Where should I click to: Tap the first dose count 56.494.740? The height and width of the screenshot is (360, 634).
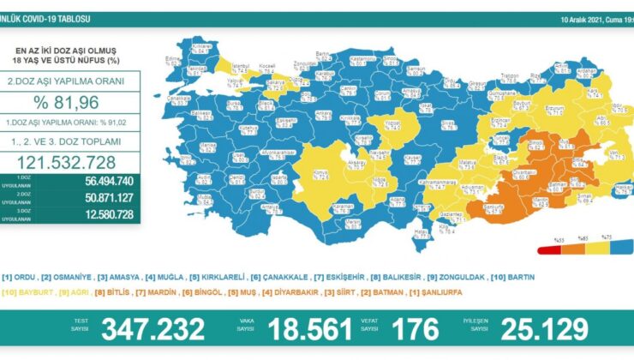pyautogui.click(x=103, y=181)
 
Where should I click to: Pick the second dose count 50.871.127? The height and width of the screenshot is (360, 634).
pyautogui.click(x=103, y=197)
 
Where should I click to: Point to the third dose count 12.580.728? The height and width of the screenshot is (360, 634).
pyautogui.click(x=103, y=213)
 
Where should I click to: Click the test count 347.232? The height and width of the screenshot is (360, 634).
pyautogui.click(x=153, y=328)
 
